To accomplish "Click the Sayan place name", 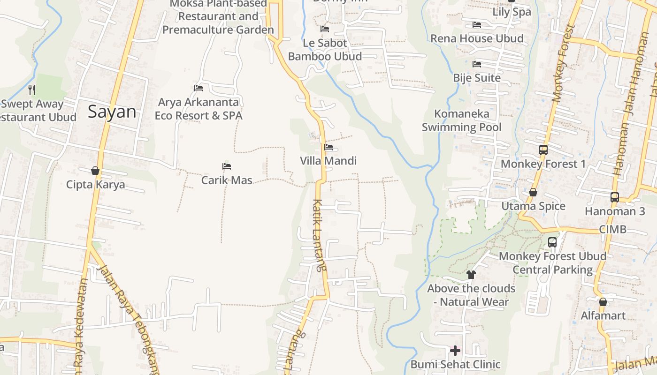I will tap(112, 112).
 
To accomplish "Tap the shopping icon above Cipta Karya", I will tap(95, 171).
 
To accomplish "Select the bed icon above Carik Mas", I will tap(227, 166).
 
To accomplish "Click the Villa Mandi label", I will tap(328, 161).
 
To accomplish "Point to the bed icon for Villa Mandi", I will tap(328, 147).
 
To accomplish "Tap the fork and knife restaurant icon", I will tap(32, 90).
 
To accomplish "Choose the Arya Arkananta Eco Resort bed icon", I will tap(199, 88).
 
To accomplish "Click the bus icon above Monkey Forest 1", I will tap(543, 150).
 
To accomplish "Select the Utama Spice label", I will tap(533, 206).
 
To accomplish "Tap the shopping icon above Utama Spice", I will tap(533, 192).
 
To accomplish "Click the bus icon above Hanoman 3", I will tap(615, 197).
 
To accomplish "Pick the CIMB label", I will tap(612, 229).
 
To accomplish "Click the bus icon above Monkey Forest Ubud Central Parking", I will tap(552, 242).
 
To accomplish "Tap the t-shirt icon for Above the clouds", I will tap(471, 275).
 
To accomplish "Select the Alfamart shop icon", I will tap(603, 302).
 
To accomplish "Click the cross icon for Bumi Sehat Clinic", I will tap(455, 351).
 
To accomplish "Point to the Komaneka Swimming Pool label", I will tap(461, 120).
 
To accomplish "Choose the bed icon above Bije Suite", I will tap(477, 64).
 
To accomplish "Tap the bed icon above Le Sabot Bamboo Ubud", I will tap(325, 29).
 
